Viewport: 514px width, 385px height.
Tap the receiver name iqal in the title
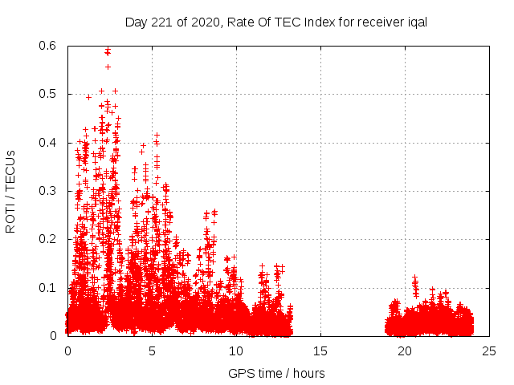point(414,22)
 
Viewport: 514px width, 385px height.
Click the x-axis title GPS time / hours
point(276,373)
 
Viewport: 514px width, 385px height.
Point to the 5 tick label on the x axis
point(152,351)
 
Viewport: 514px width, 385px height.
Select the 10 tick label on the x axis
point(236,351)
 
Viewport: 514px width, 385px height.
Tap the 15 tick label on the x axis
point(320,351)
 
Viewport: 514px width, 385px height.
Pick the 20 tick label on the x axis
point(405,351)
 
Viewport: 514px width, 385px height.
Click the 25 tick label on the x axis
point(489,351)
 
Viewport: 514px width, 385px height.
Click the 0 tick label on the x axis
point(67,351)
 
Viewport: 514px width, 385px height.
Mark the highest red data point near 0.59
point(107,51)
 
